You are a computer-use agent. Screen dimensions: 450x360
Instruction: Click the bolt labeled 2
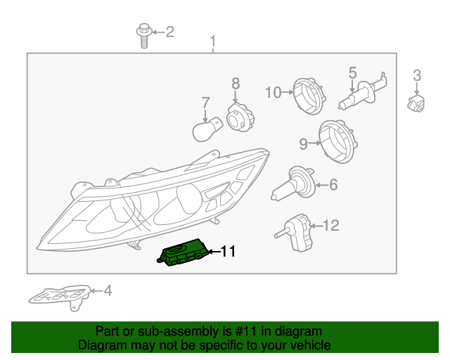144,36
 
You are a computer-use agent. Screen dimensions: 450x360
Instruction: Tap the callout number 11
228,252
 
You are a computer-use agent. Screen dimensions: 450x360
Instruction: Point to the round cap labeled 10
309,96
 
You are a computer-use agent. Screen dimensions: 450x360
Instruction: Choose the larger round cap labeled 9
338,142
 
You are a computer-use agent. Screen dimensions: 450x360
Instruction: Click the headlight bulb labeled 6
293,184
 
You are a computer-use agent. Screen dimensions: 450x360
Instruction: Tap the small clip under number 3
416,103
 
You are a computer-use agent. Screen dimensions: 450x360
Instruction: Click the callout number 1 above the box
212,42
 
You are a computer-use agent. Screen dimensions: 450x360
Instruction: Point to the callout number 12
331,226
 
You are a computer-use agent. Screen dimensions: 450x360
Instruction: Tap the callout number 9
303,144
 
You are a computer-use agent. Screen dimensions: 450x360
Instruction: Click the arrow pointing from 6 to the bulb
322,185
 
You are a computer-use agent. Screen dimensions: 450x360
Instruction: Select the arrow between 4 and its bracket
96,291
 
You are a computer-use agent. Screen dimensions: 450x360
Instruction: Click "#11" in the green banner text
245,331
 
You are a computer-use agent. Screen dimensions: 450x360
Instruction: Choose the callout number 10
274,92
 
